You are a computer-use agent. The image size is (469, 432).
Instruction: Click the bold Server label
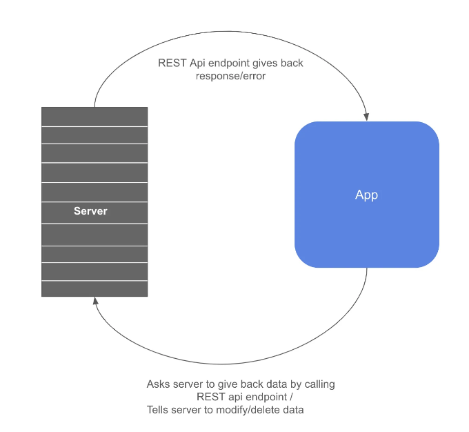pos(90,211)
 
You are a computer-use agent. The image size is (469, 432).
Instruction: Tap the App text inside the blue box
pos(366,195)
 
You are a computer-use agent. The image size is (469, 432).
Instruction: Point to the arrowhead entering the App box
pos(366,117)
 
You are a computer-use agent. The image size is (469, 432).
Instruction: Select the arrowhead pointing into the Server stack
pos(95,301)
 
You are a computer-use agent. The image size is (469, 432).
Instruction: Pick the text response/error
pos(230,76)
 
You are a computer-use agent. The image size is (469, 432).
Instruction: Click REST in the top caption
pos(172,63)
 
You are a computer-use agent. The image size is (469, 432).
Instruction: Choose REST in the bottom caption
pos(210,397)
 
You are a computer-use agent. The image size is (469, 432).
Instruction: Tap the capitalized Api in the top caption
pos(197,63)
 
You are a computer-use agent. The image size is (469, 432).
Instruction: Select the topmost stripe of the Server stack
pos(94,117)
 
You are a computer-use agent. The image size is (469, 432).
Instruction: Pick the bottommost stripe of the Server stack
pos(94,289)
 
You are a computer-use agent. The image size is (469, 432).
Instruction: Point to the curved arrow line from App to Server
pos(221,364)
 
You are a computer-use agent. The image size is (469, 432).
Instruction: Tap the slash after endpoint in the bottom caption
pos(291,397)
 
